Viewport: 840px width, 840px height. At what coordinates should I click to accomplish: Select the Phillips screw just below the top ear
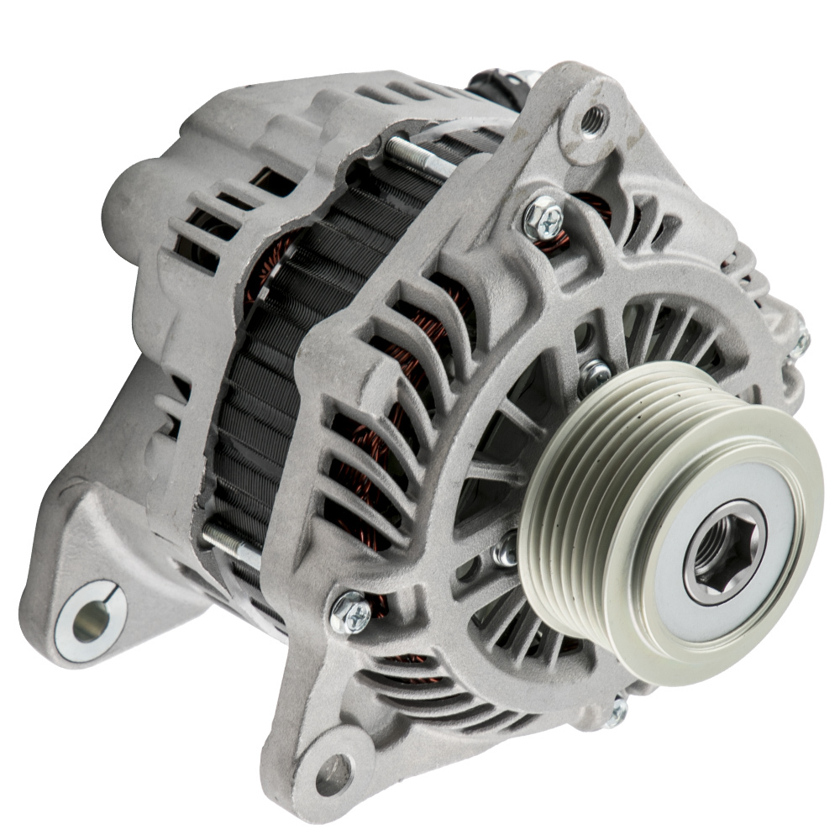coord(543,220)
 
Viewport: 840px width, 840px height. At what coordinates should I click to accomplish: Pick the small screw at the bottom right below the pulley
coord(617,712)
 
